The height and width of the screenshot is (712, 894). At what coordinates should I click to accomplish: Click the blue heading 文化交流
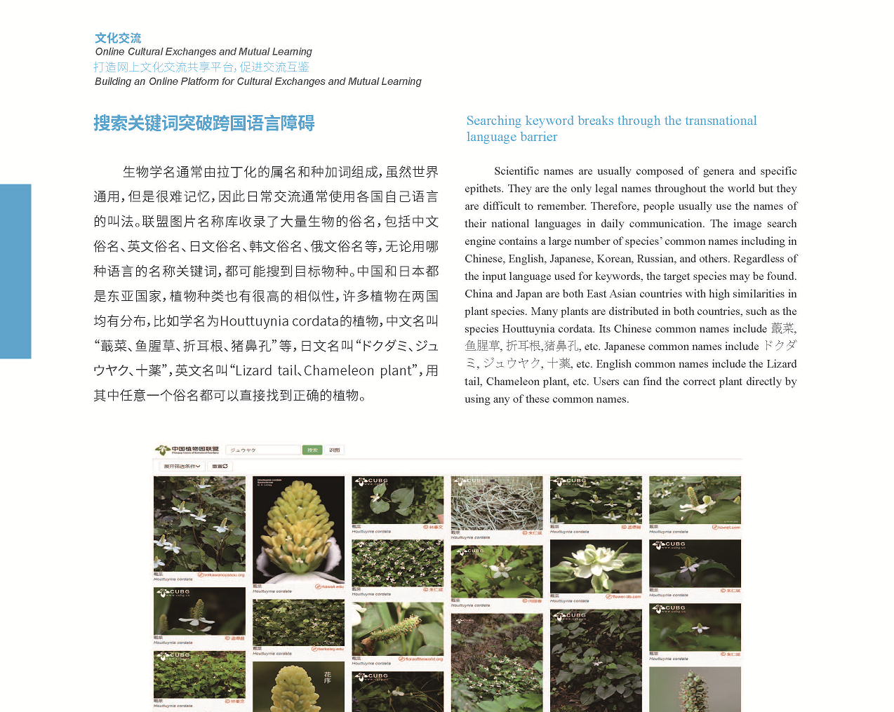point(118,38)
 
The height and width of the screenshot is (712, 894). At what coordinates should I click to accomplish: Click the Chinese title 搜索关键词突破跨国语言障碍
point(204,123)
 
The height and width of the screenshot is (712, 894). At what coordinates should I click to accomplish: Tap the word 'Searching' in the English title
point(493,121)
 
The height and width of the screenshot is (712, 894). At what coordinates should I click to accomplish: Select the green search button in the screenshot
point(312,450)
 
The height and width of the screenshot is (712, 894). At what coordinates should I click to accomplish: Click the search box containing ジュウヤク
point(263,450)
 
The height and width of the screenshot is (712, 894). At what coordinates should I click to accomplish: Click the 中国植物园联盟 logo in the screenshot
point(187,450)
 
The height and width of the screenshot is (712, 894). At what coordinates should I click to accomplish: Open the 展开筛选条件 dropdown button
point(182,466)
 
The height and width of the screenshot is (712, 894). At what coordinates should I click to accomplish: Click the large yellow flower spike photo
point(298,530)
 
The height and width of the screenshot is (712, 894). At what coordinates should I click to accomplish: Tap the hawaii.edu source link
point(330,586)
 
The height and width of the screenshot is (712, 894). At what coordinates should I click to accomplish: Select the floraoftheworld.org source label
point(421,659)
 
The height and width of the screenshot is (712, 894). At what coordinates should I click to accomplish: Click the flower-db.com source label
point(624,596)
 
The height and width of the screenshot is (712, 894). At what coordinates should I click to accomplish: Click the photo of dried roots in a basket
point(496,502)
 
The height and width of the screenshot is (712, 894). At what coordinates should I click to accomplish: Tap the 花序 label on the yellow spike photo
point(328,677)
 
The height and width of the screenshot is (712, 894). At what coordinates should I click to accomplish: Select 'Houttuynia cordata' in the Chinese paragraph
point(279,321)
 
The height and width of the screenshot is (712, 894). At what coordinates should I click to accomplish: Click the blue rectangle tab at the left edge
point(15,271)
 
